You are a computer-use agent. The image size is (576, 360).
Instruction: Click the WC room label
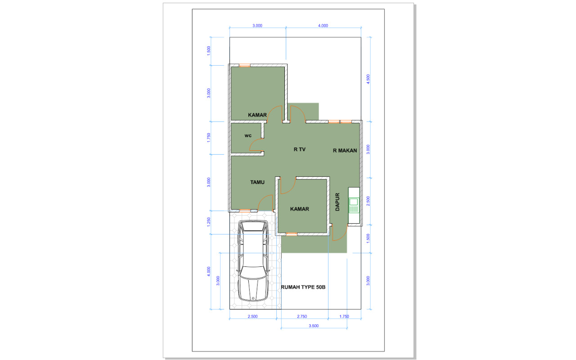248,135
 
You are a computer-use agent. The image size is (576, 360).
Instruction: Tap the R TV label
300,149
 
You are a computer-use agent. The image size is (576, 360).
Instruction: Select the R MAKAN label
345,151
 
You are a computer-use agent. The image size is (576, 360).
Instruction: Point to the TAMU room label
257,182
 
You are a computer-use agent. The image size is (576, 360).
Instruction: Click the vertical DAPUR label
337,202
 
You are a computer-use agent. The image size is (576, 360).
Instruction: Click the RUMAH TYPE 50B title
303,287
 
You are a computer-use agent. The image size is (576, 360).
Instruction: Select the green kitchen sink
354,205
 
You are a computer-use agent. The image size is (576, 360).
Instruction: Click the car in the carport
253,261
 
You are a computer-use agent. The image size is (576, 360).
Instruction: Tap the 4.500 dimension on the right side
368,79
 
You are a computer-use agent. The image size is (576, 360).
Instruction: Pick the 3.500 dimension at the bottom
314,326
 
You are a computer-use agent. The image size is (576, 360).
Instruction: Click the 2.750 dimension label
302,316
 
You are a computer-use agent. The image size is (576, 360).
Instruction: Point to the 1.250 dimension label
209,222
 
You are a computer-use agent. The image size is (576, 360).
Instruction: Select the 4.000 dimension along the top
323,26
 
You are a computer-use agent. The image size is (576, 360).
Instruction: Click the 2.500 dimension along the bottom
252,316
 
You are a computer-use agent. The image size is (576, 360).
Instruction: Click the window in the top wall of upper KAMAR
244,65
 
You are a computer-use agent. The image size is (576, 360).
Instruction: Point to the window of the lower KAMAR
292,234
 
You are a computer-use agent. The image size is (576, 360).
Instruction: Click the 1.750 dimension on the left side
209,138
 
